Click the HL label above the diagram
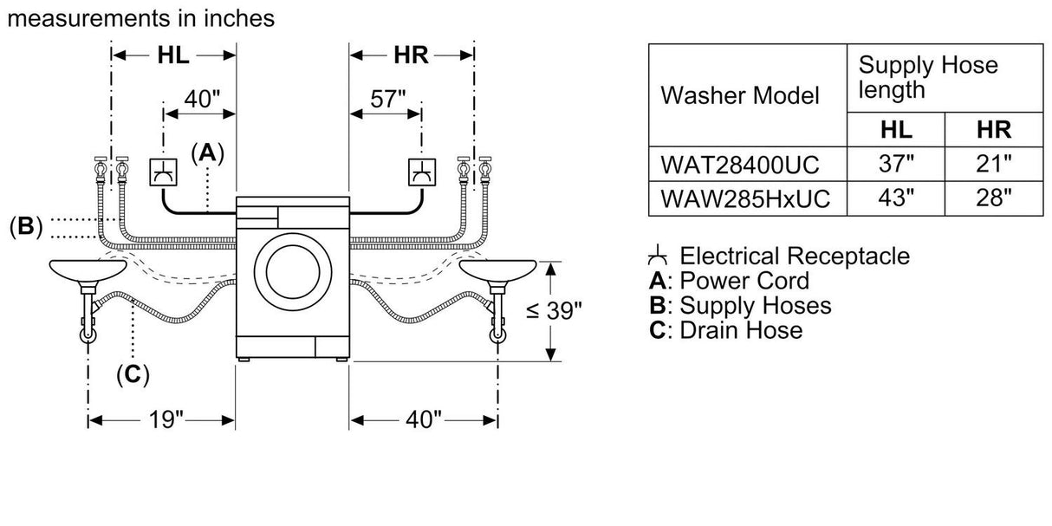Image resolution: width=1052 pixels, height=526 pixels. pyautogui.click(x=173, y=55)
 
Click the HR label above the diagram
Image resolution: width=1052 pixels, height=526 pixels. pyautogui.click(x=411, y=55)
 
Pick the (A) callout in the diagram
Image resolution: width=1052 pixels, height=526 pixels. pyautogui.click(x=207, y=153)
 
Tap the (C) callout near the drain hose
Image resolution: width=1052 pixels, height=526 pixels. pyautogui.click(x=132, y=374)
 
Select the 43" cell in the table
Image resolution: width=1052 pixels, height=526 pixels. pyautogui.click(x=896, y=198)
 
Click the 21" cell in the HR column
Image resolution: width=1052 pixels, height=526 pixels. pyautogui.click(x=992, y=162)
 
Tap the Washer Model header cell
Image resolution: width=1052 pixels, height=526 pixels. pyautogui.click(x=739, y=94)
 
